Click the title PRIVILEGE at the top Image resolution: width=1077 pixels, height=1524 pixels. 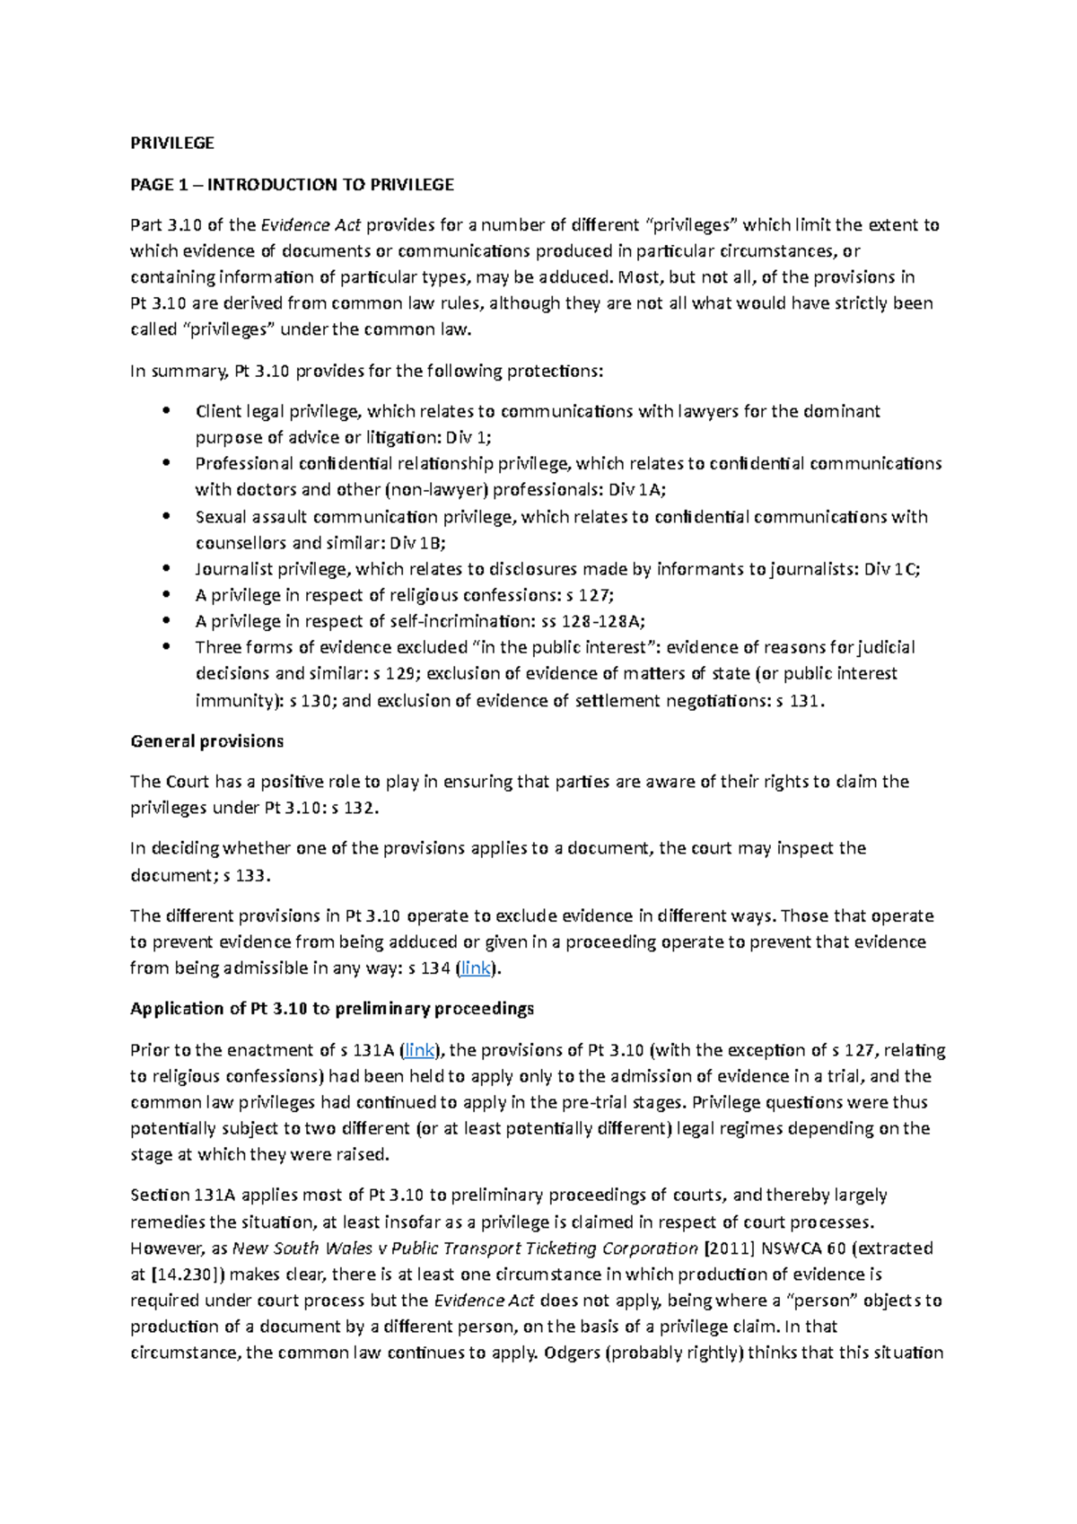pyautogui.click(x=172, y=144)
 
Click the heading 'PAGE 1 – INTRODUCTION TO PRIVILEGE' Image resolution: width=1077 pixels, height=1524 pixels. pyautogui.click(x=292, y=185)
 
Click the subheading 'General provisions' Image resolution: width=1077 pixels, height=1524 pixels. pyautogui.click(x=206, y=741)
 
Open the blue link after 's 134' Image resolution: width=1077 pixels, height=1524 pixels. pyautogui.click(x=475, y=968)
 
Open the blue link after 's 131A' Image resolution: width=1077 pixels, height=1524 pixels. pyautogui.click(x=419, y=1050)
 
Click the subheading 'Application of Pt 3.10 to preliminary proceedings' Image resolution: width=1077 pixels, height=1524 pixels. pyautogui.click(x=332, y=1009)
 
